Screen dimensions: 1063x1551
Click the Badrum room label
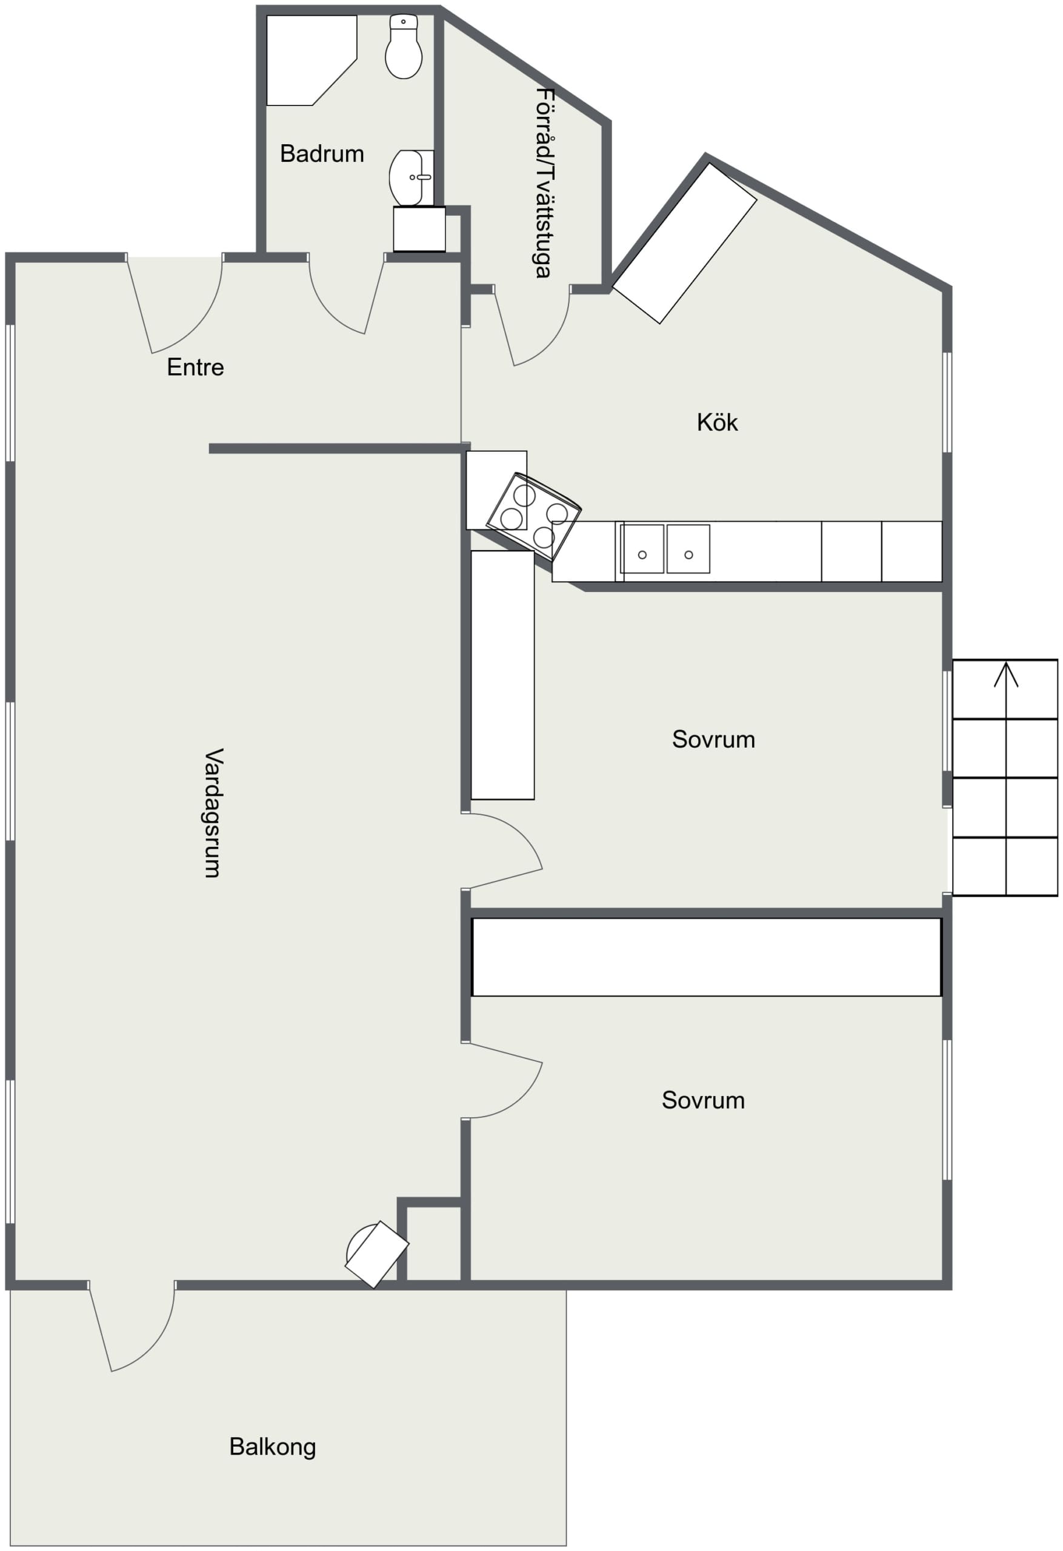[x=322, y=154]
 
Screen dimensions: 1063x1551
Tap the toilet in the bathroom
[x=403, y=46]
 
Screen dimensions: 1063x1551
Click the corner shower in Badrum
[x=311, y=60]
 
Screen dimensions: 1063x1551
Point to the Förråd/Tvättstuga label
[x=545, y=183]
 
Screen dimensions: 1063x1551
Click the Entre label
[x=195, y=367]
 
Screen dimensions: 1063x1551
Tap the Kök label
[x=717, y=422]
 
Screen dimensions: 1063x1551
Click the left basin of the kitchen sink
[x=642, y=548]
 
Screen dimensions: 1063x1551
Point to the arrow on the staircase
[x=1005, y=778]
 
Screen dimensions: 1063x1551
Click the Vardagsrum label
[x=213, y=812]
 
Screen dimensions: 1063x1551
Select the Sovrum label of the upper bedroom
[x=713, y=740]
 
